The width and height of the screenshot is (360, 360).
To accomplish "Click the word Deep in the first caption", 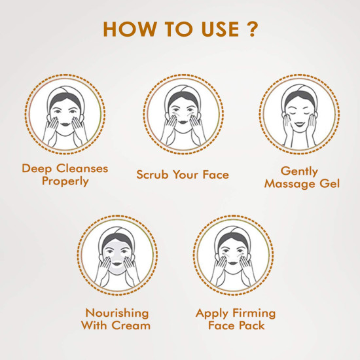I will pyautogui.click(x=36, y=169).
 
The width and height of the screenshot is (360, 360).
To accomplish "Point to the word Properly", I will pyautogui.click(x=65, y=181).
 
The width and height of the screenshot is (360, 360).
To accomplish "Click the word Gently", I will pyautogui.click(x=300, y=171).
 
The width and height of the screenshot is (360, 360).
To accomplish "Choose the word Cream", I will pyautogui.click(x=132, y=325).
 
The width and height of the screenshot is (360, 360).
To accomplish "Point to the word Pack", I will pyautogui.click(x=254, y=325).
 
